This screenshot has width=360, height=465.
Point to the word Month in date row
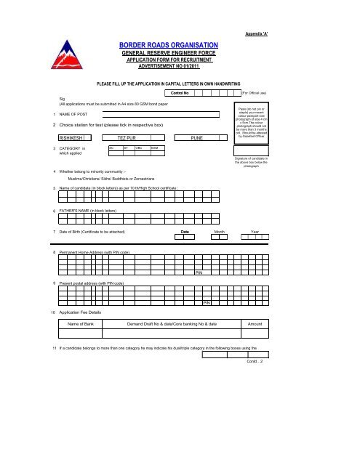[218, 232]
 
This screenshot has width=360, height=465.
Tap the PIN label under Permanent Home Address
[199, 272]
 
